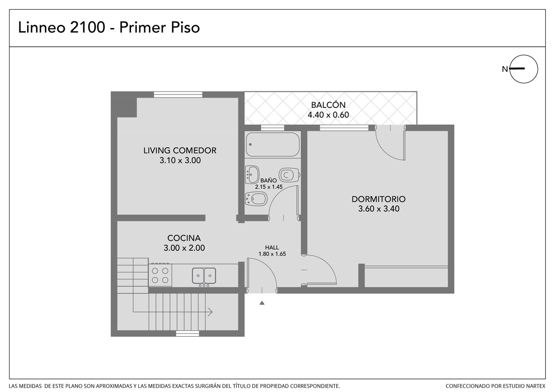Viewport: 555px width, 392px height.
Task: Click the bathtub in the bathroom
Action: [273, 144]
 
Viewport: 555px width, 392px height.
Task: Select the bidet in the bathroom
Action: [256, 199]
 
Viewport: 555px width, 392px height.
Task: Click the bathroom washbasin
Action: [252, 175]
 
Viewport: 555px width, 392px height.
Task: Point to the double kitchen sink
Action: [204, 276]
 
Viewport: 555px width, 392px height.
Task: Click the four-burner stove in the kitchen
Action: [160, 275]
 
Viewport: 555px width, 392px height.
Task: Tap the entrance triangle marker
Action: [262, 303]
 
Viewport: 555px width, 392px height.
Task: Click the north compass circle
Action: [524, 69]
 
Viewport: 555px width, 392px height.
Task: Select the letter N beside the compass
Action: [505, 69]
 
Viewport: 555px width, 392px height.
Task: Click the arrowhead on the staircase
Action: [210, 312]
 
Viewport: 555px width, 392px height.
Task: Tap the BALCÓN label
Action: [328, 105]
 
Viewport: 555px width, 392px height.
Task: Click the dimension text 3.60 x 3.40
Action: [379, 209]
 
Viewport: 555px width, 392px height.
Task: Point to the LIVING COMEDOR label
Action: [180, 151]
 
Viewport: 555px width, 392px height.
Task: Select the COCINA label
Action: [184, 238]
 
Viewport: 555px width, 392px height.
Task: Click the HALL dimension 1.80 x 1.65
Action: [272, 254]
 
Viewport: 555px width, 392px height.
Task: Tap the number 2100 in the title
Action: [88, 27]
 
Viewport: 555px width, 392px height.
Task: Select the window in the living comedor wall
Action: [178, 94]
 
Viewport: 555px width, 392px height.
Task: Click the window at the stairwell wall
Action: [188, 333]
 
